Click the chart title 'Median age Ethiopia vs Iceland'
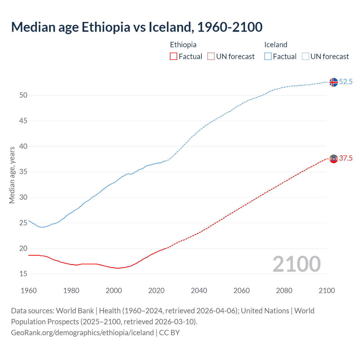137,27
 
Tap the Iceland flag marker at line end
333,82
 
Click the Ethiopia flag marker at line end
333,159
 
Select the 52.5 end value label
346,82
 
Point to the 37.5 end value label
346,158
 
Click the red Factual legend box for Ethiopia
174,57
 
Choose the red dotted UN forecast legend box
211,57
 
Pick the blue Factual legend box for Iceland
268,57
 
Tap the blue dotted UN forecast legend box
305,57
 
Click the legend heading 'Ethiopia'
183,45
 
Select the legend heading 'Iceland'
276,45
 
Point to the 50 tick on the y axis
23,95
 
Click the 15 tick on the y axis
23,274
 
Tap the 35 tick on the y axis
23,172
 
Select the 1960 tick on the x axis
29,291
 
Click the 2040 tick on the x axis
199,291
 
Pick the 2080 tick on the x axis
284,291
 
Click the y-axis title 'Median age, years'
12,175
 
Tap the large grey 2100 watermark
296,264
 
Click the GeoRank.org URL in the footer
82,333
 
